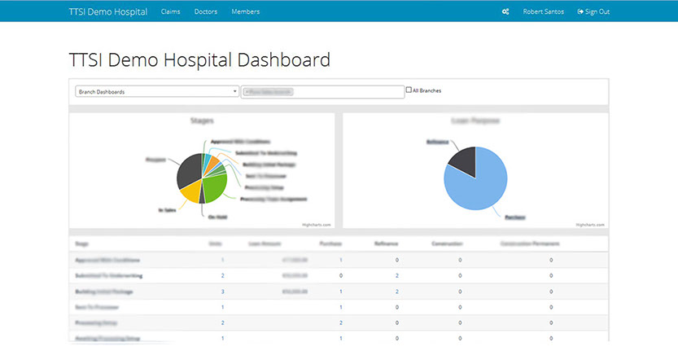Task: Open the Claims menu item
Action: tap(170, 11)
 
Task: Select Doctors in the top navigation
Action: tap(206, 11)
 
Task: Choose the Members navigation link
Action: tap(245, 11)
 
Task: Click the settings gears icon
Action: tap(505, 11)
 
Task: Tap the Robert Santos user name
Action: tap(544, 11)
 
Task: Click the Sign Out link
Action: tap(593, 11)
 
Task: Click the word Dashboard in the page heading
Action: tap(284, 60)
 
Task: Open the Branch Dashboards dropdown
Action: tap(156, 92)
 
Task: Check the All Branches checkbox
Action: tap(409, 90)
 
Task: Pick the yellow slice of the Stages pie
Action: tap(190, 191)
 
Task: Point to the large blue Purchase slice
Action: tap(481, 183)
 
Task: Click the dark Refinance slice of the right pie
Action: tap(461, 157)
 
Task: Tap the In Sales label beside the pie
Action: tap(166, 209)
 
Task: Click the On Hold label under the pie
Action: tap(217, 217)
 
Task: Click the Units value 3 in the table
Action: tap(222, 291)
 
